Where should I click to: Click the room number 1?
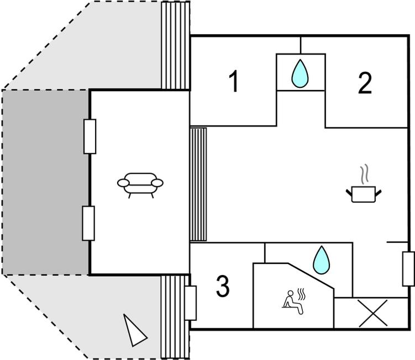(234, 82)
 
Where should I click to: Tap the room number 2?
(364, 83)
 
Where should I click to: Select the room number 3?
(222, 287)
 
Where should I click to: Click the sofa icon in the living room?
(141, 184)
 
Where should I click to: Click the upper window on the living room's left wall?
(89, 136)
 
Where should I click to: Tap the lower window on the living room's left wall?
(88, 223)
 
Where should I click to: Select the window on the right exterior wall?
(408, 268)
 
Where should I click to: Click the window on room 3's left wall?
(190, 303)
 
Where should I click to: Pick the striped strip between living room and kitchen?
(198, 184)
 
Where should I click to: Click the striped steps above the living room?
(176, 45)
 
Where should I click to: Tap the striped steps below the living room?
(175, 316)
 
